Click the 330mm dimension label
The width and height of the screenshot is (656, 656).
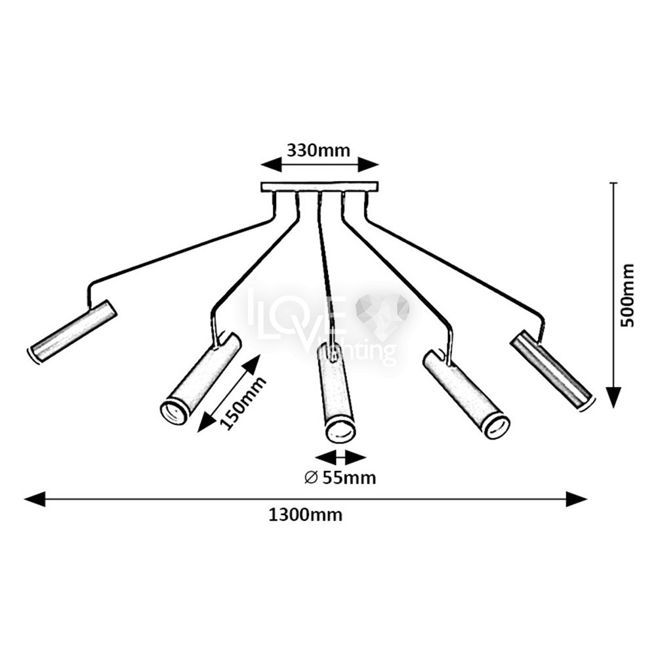click(x=318, y=150)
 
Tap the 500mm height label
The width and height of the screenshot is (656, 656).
click(x=628, y=296)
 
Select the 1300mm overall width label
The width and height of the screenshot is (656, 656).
click(x=305, y=515)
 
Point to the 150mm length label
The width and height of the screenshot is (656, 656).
click(x=242, y=403)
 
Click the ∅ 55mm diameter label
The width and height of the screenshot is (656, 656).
click(x=340, y=478)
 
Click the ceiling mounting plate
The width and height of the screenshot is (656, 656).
click(x=319, y=187)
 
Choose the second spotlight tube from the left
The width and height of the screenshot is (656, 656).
click(x=201, y=379)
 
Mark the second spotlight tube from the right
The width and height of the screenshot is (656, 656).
click(x=466, y=394)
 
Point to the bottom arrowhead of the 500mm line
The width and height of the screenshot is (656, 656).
click(x=613, y=398)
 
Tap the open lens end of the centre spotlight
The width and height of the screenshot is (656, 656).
click(x=340, y=431)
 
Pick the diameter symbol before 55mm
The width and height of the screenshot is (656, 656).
click(x=311, y=478)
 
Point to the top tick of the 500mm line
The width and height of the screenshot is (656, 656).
click(x=613, y=183)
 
